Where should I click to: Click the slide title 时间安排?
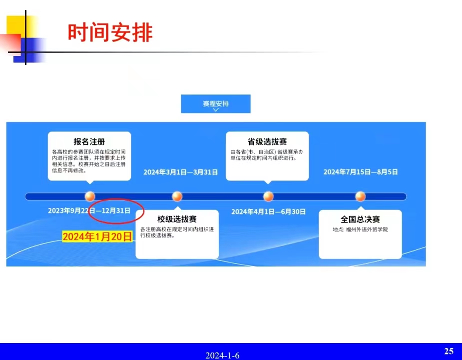[110, 32]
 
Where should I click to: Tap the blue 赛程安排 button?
[216, 104]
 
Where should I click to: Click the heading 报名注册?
[89, 141]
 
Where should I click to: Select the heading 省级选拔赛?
[267, 141]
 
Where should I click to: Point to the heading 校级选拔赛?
[177, 219]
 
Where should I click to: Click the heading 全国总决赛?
[360, 219]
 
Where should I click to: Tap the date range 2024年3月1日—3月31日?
[180, 172]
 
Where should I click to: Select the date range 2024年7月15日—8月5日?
[361, 171]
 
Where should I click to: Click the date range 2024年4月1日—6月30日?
[268, 211]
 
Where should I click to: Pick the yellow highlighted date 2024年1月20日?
[97, 236]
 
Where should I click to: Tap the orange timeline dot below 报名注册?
[90, 196]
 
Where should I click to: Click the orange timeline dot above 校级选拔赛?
[177, 196]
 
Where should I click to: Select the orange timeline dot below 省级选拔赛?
[268, 196]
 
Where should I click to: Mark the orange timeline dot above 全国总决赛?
[360, 196]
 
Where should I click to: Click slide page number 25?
[449, 351]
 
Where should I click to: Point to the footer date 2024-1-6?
[222, 355]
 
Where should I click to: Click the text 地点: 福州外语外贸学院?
[360, 229]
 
